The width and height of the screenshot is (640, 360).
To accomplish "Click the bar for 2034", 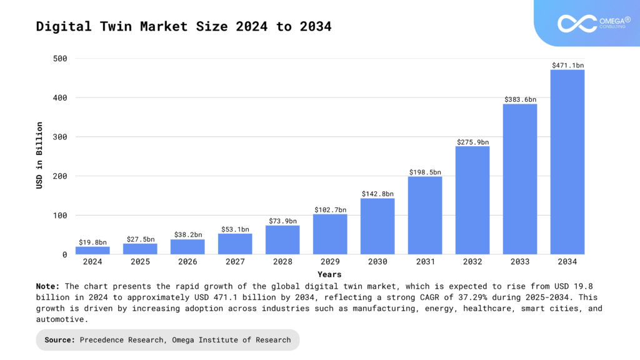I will coord(567,162).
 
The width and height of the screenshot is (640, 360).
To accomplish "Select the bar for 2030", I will coord(377,226).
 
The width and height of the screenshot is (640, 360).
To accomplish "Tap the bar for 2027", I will coord(235,244).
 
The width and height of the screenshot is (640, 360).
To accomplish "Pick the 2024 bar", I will coord(92,250).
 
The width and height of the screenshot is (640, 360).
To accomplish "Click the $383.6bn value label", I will coord(520,99).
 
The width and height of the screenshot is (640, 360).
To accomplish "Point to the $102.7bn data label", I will coord(330,210).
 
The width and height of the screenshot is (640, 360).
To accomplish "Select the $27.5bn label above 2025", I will coord(140,239).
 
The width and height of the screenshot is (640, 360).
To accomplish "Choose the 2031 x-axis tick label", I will coord(425,262).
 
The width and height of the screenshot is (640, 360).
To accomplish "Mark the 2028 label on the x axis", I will coord(282,262).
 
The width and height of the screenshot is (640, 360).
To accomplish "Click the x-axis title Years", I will coord(329,274).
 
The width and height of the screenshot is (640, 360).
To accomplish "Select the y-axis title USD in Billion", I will coord(39,155).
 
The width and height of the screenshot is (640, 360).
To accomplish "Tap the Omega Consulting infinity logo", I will coord(577,24).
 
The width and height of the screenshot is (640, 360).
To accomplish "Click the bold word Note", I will coord(47,286).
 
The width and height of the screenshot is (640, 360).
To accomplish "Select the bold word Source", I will coord(60,340).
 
